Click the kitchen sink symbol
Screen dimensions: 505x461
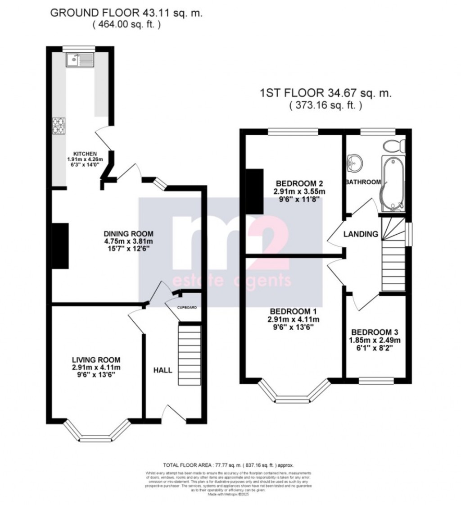click(x=79, y=60)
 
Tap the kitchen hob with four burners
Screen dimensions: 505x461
click(x=59, y=126)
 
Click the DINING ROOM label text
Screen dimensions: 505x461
click(x=128, y=234)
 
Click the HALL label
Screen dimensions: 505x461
click(x=163, y=370)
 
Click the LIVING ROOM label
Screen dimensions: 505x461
click(x=96, y=359)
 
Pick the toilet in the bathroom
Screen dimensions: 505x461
click(x=395, y=146)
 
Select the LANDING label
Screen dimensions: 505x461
click(x=361, y=234)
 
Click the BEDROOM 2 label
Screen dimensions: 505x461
click(x=299, y=183)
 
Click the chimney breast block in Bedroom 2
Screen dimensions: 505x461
click(x=254, y=191)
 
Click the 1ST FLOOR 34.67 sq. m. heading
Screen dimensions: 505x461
click(x=326, y=94)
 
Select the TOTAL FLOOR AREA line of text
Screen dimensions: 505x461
click(x=230, y=465)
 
